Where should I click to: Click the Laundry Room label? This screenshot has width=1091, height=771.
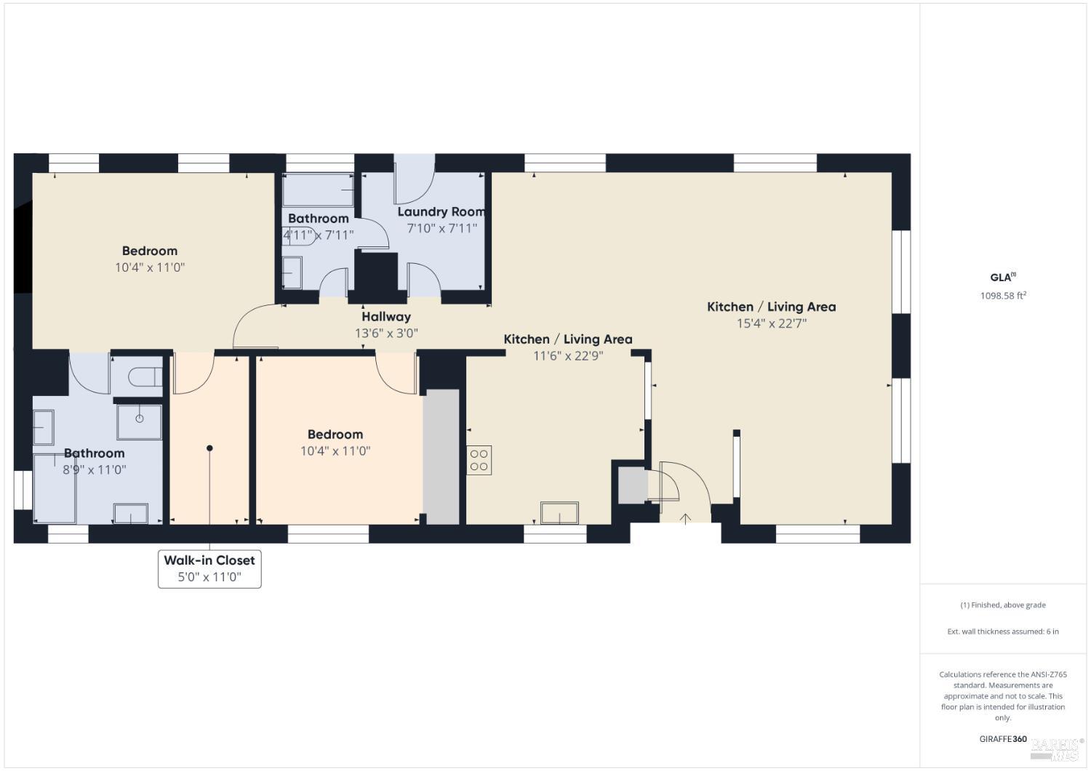coord(441,211)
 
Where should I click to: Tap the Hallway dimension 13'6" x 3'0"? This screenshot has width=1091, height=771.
coord(386,334)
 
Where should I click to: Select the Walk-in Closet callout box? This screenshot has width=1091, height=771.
coord(209,568)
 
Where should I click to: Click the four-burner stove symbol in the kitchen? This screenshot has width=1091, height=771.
coord(479,460)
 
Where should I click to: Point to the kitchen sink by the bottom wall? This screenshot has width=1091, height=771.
coord(559,512)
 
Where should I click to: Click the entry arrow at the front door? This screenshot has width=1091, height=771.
coord(685,518)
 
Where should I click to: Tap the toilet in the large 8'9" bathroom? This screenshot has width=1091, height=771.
coord(144,376)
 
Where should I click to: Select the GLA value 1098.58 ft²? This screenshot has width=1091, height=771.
coord(1003,296)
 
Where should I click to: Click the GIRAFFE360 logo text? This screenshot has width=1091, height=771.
coord(1003,739)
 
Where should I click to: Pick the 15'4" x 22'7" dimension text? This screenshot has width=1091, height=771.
coord(771,323)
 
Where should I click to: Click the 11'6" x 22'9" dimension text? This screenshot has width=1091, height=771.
coord(567,355)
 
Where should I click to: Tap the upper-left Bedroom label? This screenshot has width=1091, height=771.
coord(150,251)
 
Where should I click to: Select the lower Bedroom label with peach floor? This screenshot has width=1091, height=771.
coord(335,435)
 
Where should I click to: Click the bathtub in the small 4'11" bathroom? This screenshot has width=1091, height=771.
coord(318,190)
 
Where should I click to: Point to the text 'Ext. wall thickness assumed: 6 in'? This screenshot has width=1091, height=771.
coord(1003,631)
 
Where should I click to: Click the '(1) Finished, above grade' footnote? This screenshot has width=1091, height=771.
coord(1003,605)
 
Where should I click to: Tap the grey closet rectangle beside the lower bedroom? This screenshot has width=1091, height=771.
coord(441,456)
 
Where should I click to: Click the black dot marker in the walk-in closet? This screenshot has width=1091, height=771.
coord(209,448)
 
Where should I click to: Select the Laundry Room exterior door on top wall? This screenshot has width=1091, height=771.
coord(414,179)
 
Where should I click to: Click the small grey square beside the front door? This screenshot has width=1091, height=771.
coord(632,485)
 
